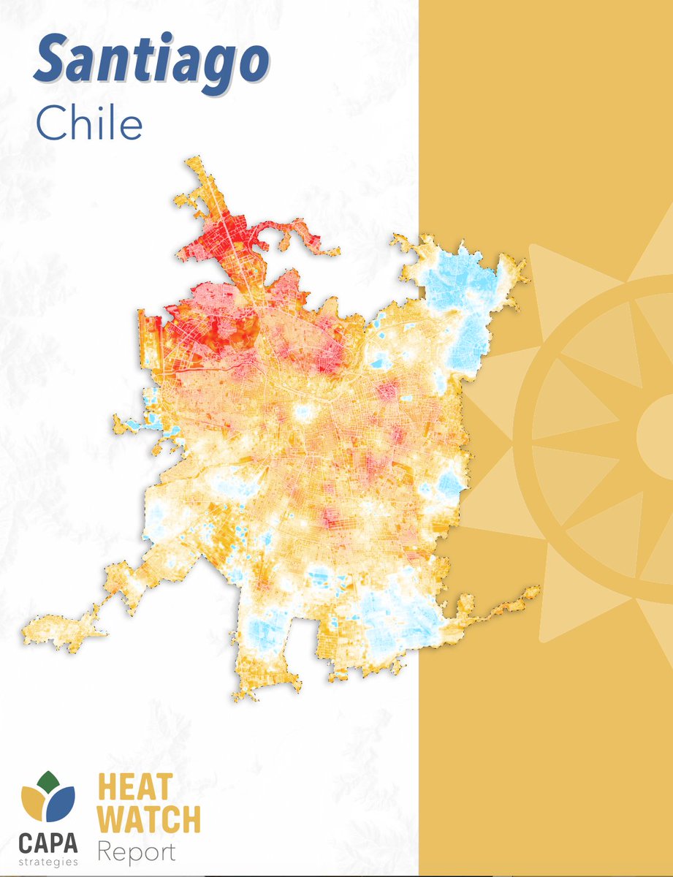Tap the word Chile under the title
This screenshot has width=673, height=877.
(88, 125)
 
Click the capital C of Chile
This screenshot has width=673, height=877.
(50, 125)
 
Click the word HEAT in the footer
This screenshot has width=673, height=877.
(135, 789)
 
